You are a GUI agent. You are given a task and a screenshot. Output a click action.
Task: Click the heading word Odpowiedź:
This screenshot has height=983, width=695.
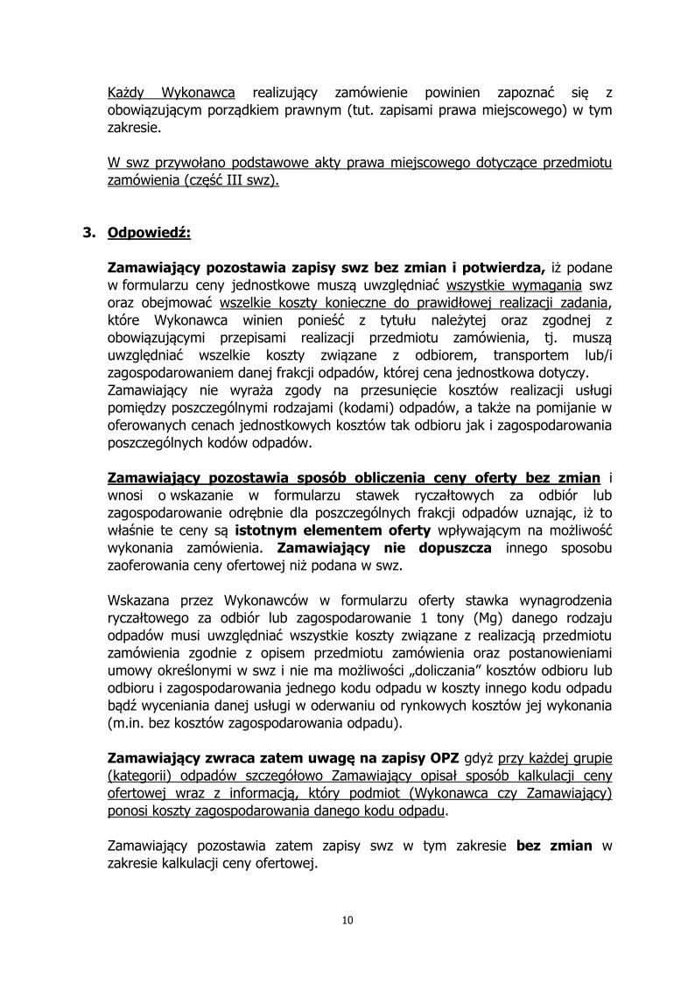(149, 234)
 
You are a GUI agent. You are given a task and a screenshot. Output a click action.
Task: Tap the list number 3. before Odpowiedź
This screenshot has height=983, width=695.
(88, 234)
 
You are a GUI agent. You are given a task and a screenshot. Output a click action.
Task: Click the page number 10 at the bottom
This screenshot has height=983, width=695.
(347, 920)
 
